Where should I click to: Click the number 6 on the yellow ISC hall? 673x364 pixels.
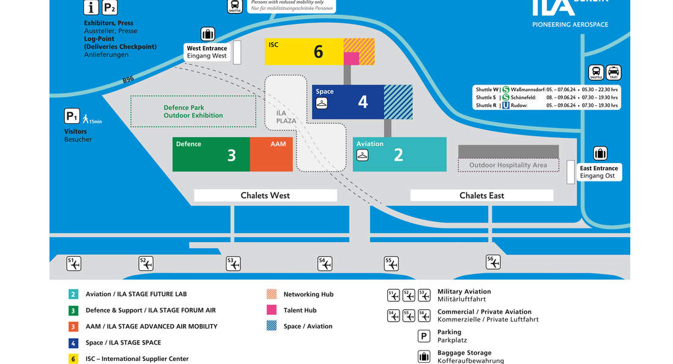click(x=318, y=51)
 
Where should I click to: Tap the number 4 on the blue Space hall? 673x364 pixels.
click(x=363, y=101)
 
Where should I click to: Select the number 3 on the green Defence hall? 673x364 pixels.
click(x=231, y=155)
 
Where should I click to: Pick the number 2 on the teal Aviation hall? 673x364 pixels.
click(x=398, y=154)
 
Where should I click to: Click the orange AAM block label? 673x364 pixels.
click(x=278, y=144)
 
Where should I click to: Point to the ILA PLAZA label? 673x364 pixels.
click(x=286, y=117)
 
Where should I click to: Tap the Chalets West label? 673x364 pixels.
click(x=265, y=195)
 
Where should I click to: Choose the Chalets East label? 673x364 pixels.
click(x=482, y=195)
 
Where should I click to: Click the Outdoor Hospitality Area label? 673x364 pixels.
click(x=508, y=165)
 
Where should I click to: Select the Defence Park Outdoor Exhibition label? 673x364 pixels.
click(x=193, y=112)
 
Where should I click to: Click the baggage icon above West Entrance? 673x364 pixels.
click(x=207, y=34)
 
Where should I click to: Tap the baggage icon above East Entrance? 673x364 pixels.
click(x=600, y=153)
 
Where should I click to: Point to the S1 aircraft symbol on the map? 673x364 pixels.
click(x=73, y=264)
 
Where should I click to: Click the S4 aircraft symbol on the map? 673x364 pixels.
click(x=325, y=264)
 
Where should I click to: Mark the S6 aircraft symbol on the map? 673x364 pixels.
click(x=493, y=262)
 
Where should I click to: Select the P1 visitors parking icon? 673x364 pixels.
click(x=72, y=116)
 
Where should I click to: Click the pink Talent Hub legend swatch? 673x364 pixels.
click(x=272, y=310)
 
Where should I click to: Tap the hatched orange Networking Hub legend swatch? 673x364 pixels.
click(x=272, y=294)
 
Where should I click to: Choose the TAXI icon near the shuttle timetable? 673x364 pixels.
click(x=614, y=72)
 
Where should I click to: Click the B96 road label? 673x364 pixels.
click(x=128, y=80)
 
